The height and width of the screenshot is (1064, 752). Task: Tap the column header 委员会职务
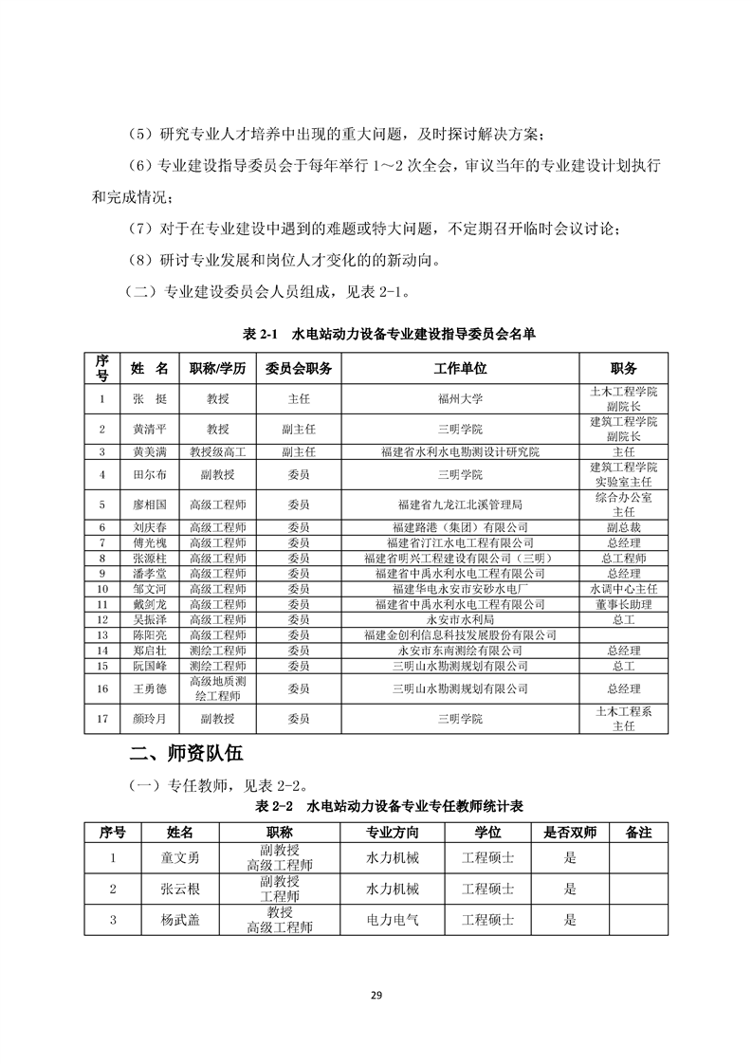click(x=298, y=368)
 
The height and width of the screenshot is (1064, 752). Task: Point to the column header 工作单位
click(x=460, y=368)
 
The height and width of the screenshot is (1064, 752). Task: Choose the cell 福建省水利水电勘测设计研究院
click(x=460, y=452)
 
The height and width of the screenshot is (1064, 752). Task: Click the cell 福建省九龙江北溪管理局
click(x=460, y=504)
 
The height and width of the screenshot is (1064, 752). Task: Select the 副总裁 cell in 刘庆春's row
click(x=623, y=527)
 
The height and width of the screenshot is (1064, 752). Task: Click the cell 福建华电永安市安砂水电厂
click(x=460, y=589)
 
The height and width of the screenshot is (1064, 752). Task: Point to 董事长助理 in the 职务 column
click(x=623, y=604)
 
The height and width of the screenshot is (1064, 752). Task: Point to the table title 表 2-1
click(x=258, y=335)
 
